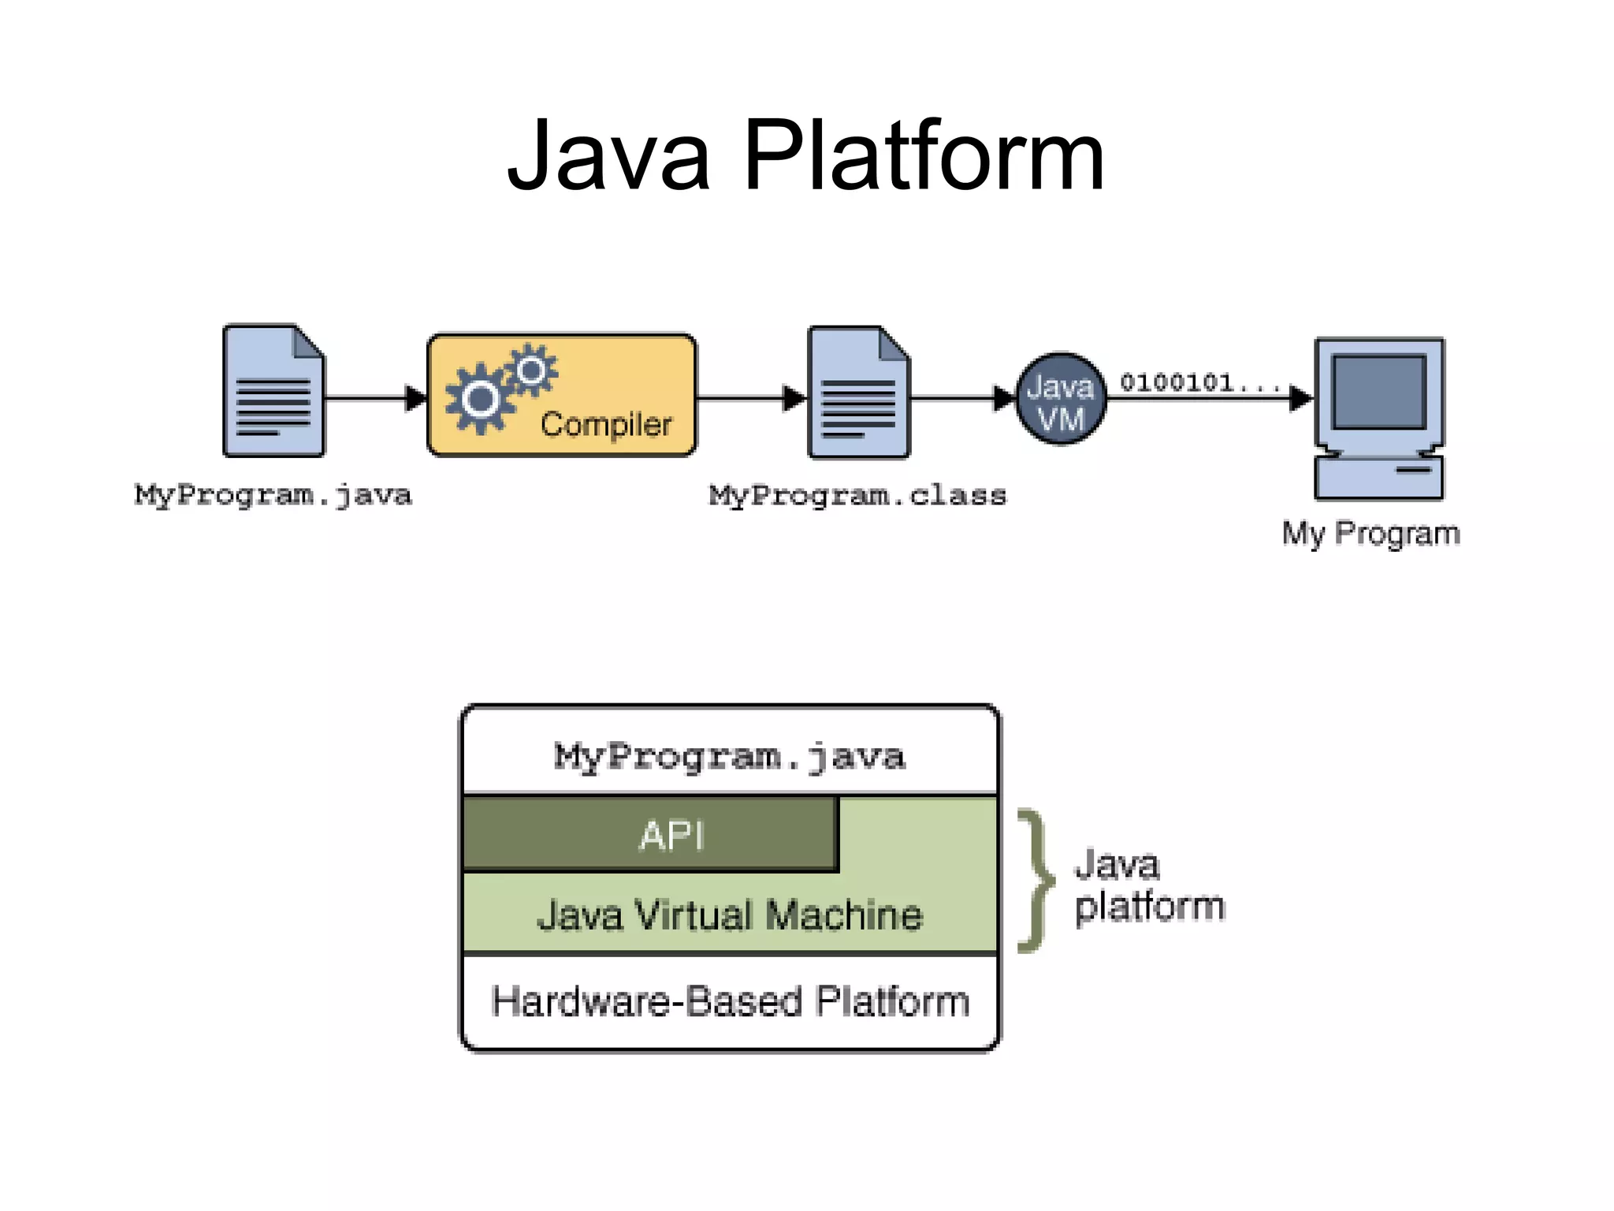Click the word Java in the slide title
click(x=608, y=155)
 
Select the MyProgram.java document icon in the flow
click(x=273, y=391)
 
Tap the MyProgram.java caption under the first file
click(x=273, y=495)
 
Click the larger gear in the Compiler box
click(x=479, y=399)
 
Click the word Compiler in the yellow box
click(x=605, y=424)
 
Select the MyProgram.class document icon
click(x=858, y=393)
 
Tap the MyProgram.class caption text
click(x=857, y=495)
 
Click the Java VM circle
click(x=1060, y=399)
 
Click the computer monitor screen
click(x=1379, y=391)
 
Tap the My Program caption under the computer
click(x=1370, y=534)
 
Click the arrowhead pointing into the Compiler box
click(x=415, y=398)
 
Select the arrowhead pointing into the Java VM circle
click(x=1002, y=398)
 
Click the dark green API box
click(x=650, y=834)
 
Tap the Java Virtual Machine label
click(x=729, y=915)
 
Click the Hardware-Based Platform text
click(x=729, y=1001)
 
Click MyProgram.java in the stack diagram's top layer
click(x=729, y=757)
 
